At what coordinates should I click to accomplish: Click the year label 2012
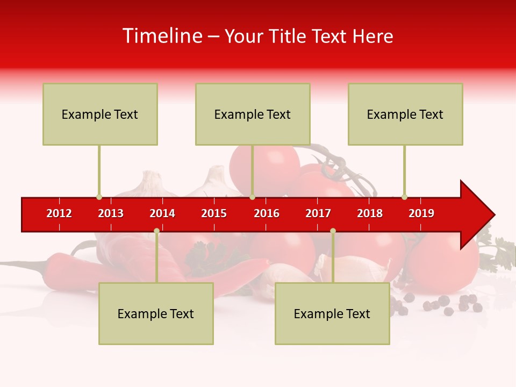(59, 213)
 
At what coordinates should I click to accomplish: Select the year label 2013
(111, 213)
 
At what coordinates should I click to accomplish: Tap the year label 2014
(162, 213)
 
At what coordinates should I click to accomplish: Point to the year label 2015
(214, 213)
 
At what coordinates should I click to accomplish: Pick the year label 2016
(267, 213)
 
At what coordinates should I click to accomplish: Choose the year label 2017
(318, 213)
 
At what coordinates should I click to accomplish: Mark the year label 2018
(370, 213)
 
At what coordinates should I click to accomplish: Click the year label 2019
(421, 213)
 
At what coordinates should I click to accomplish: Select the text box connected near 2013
(100, 114)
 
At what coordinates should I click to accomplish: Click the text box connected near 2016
(253, 114)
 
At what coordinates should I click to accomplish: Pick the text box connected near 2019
(405, 114)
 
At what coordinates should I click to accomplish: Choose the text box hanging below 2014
(156, 313)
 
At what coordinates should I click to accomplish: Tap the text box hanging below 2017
(332, 313)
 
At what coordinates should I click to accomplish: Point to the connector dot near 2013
(99, 197)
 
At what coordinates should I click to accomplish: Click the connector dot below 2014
(156, 231)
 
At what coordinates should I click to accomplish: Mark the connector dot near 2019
(404, 197)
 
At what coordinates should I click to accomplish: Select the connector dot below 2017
(333, 231)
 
